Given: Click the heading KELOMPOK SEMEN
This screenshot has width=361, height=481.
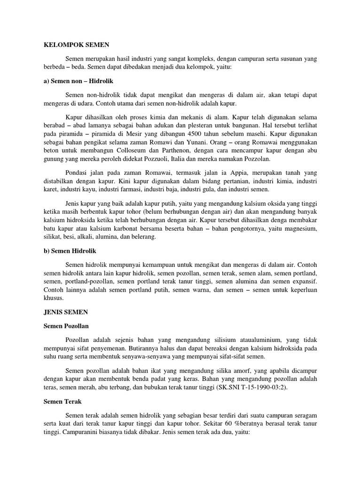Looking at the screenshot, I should [x=73, y=45].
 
